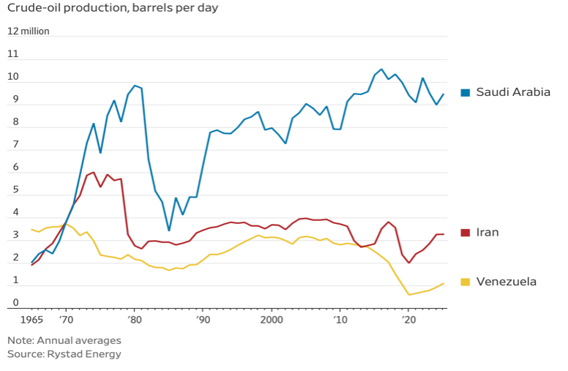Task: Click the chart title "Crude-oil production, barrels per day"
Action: pos(113,9)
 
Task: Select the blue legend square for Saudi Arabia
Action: pos(465,92)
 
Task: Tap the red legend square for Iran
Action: pos(465,233)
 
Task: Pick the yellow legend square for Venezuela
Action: pos(465,282)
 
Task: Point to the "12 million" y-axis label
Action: pos(29,31)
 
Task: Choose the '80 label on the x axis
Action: pos(134,321)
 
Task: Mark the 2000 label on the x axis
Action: pos(272,321)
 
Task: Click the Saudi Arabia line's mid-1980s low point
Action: pos(169,231)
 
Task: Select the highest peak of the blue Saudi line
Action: pos(381,70)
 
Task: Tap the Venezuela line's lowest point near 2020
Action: pos(409,295)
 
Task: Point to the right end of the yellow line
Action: pos(444,283)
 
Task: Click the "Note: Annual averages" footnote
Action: pos(64,340)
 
